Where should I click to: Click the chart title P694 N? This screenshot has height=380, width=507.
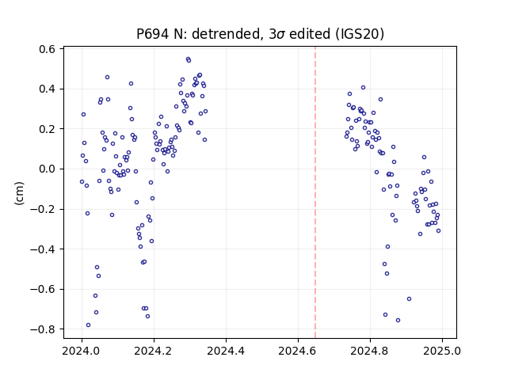(x=260, y=34)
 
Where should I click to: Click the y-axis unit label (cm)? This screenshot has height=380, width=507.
(x=19, y=193)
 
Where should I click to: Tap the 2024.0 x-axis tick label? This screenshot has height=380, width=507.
(x=82, y=351)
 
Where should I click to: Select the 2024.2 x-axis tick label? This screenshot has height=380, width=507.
(x=154, y=351)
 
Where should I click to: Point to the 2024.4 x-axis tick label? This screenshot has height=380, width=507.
(x=226, y=351)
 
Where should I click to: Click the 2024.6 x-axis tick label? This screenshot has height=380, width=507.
(x=298, y=351)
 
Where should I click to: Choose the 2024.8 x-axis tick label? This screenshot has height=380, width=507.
(x=370, y=351)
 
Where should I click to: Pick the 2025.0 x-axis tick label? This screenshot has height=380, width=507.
(x=442, y=351)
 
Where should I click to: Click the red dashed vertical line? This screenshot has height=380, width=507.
(x=315, y=192)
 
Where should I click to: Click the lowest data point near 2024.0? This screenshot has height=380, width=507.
(x=88, y=325)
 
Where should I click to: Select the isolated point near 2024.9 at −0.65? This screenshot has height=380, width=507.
(x=409, y=299)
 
